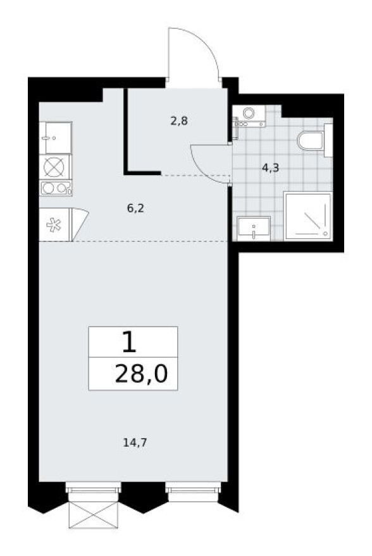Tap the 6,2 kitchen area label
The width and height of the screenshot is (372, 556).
pos(136,207)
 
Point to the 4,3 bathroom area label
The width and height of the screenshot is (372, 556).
pos(270,168)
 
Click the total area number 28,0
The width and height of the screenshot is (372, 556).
pos(141,375)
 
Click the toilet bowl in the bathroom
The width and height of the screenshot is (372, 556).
pos(310,140)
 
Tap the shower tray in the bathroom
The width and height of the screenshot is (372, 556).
pos(307,217)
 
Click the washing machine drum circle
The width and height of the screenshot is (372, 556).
pos(249,113)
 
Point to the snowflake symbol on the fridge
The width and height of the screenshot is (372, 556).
pos(54,225)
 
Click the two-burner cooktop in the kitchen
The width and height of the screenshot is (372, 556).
pos(55,188)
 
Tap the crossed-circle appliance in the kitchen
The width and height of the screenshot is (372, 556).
pos(55,167)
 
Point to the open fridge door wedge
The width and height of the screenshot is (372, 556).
pos(79,223)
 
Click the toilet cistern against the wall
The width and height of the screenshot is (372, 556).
pos(328,140)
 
